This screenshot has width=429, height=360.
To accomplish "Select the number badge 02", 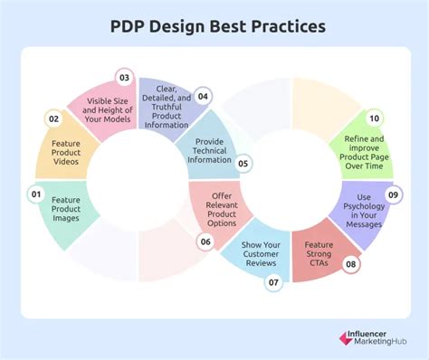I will pyautogui.click(x=53, y=118).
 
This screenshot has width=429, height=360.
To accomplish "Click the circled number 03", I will pyautogui.click(x=124, y=77).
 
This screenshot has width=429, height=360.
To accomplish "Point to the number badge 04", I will pyautogui.click(x=204, y=96).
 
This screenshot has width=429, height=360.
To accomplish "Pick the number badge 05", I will pyautogui.click(x=243, y=164).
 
